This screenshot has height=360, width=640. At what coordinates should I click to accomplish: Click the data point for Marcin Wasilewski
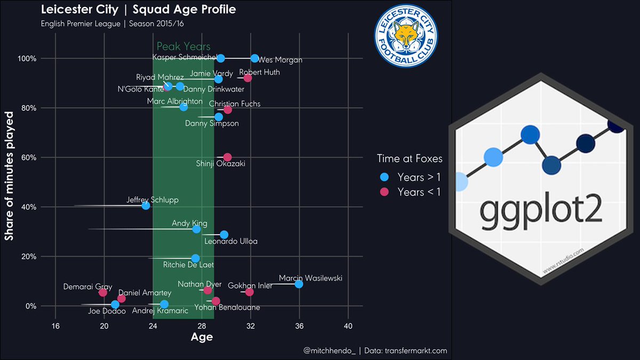(299, 284)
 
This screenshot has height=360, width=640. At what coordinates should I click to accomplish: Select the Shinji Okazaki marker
(227, 157)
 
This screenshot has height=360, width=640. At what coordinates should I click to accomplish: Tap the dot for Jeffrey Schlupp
(146, 205)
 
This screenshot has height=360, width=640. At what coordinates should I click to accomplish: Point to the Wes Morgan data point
(254, 58)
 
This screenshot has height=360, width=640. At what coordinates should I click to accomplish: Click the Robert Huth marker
(247, 78)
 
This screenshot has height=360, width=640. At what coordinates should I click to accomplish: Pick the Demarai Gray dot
(103, 292)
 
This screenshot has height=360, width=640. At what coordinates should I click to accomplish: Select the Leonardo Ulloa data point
(224, 235)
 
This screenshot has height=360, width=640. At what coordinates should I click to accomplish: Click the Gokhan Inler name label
(250, 286)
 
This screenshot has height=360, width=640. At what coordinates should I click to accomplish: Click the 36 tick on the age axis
(299, 326)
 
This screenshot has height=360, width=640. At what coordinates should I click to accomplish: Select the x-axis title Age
(202, 337)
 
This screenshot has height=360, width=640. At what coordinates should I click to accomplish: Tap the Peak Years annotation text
(183, 47)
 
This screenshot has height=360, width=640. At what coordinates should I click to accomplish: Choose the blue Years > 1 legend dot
(384, 177)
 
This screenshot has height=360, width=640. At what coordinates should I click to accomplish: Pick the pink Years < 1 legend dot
(384, 192)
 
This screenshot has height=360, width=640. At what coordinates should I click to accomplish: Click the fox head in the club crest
(405, 35)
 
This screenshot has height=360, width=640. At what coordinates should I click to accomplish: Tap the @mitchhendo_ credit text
(329, 351)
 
